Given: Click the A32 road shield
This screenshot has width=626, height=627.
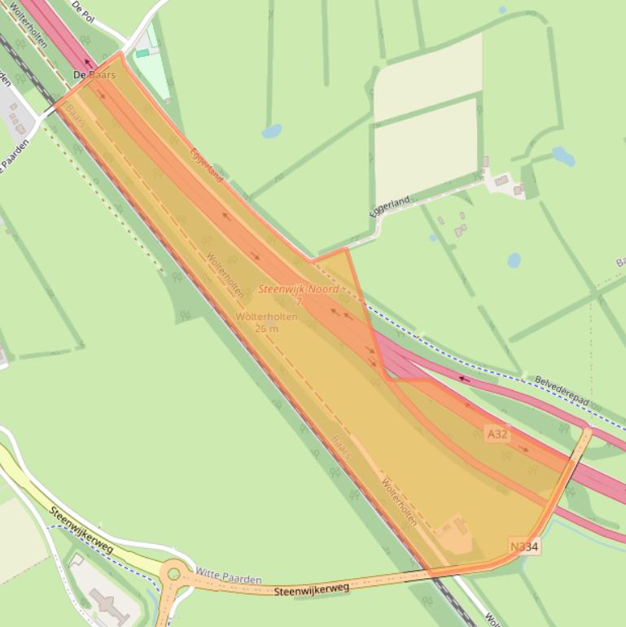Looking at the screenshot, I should pos(497,434).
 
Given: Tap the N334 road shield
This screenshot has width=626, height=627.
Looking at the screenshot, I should pos(524,546).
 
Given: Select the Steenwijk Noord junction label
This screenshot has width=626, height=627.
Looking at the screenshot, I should pos(299,289).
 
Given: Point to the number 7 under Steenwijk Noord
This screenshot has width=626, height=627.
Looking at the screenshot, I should pos(299,302).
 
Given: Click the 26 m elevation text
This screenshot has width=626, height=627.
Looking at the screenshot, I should pos(266,328).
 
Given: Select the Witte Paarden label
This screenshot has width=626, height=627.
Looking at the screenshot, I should pos(229,578).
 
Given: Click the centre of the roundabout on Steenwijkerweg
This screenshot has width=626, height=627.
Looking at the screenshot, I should pos(173,574).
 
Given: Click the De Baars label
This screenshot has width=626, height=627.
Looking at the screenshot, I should pos(94,75).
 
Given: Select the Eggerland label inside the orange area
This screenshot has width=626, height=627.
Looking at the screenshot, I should pos(206,164).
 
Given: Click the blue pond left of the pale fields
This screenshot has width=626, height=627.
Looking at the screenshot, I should pos(272,130).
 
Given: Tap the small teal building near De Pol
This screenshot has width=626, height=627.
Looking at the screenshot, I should pos(142,53).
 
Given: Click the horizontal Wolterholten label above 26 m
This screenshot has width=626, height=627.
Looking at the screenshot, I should pos(266,317).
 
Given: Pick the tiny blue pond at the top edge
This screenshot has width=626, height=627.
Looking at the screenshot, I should pos(502,10).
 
